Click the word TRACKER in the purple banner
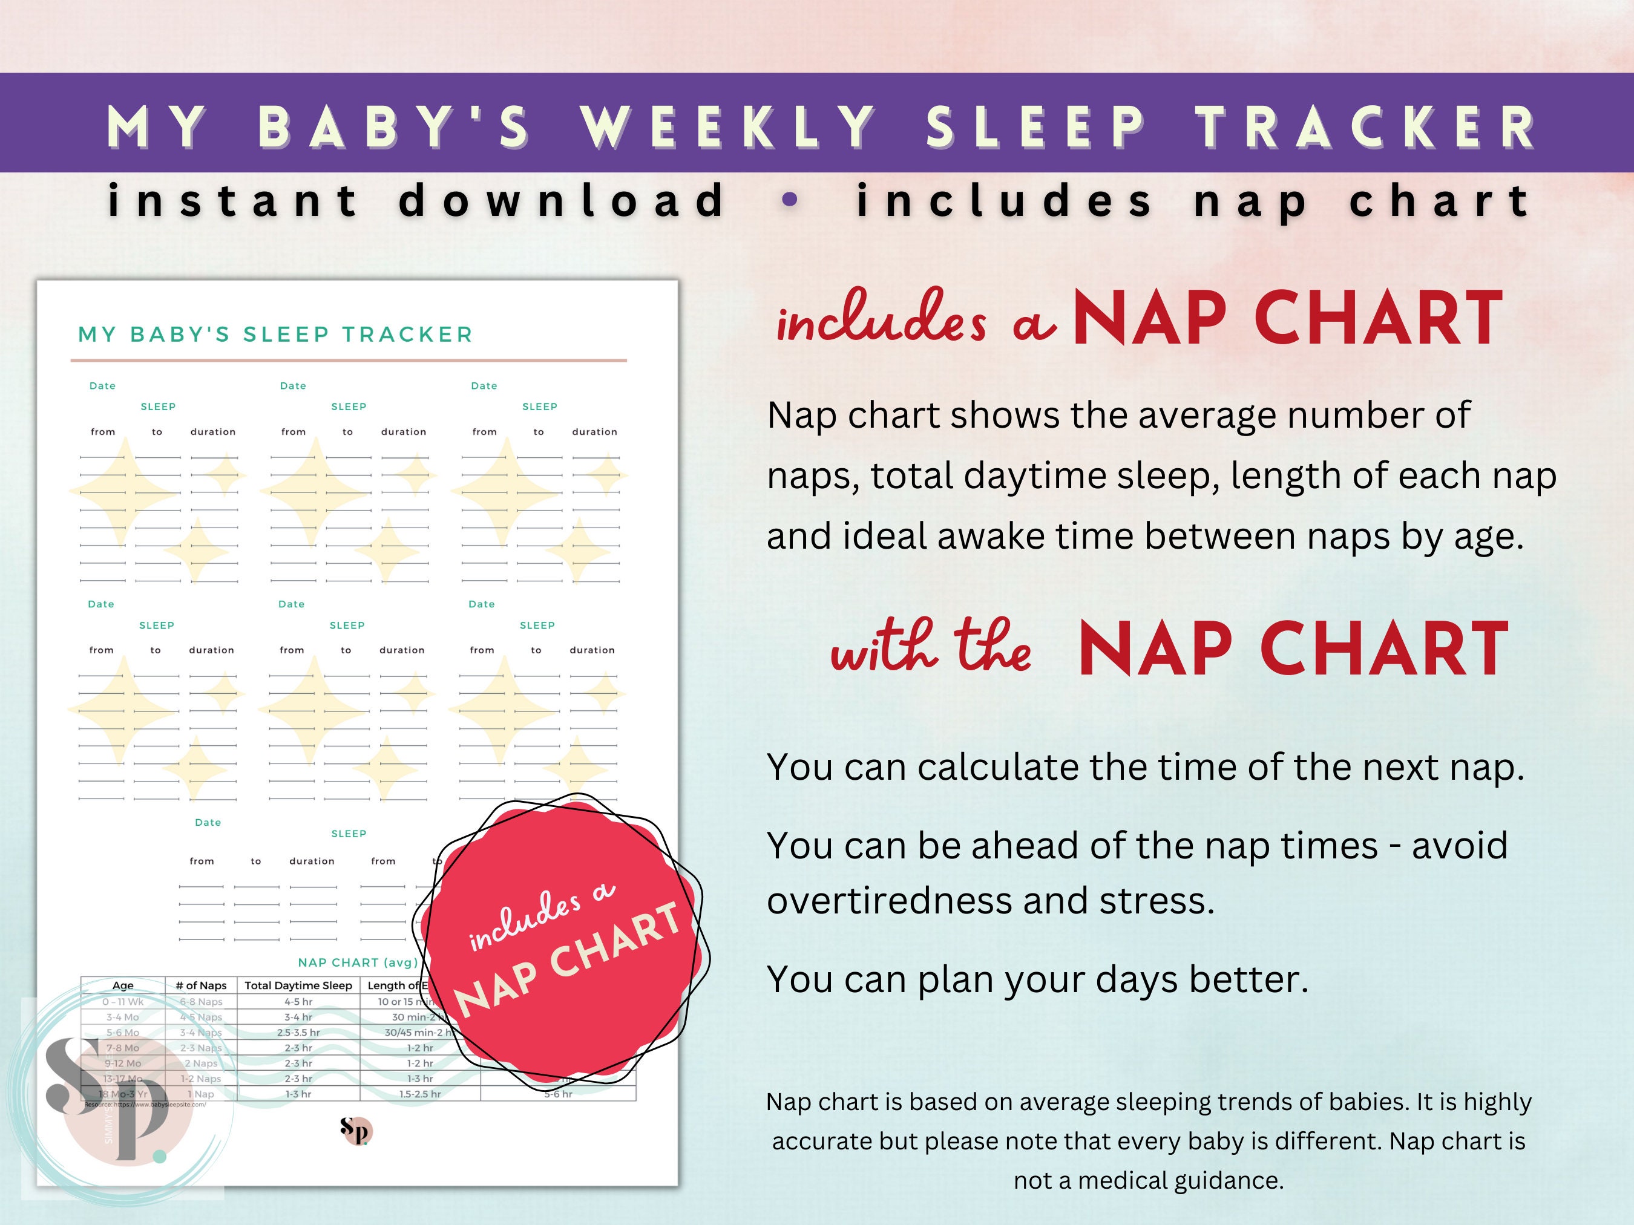click(1367, 127)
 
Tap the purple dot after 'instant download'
click(790, 200)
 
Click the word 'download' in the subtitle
click(562, 200)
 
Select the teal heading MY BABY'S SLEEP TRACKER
click(275, 335)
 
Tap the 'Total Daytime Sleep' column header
click(298, 985)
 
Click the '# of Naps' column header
click(201, 985)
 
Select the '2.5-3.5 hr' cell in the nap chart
click(298, 1032)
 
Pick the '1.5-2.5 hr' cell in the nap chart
click(419, 1094)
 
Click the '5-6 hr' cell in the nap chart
click(558, 1094)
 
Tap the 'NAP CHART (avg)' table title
click(358, 962)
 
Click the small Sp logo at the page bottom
click(356, 1130)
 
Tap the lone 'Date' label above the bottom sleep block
click(208, 823)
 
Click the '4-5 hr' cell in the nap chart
click(298, 1002)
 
